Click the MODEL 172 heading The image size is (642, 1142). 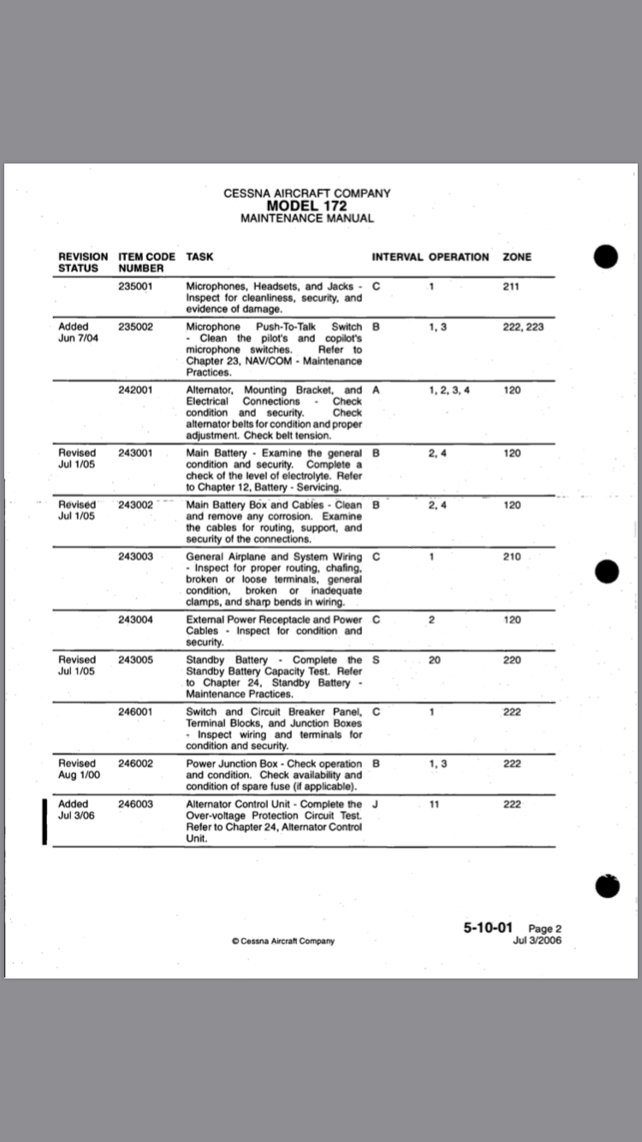coord(306,205)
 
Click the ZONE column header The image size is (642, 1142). coord(517,257)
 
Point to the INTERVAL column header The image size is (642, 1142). coord(397,257)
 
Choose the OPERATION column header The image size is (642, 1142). coord(459,257)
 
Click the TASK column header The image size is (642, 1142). coord(199,257)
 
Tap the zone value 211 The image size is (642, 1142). coord(511,287)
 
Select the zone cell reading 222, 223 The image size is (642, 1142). coord(523,327)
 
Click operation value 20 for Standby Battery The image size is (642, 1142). coord(435,660)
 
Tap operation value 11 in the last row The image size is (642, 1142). coord(434,805)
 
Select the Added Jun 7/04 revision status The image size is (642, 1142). coord(76,333)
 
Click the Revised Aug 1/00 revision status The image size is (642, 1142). coord(77,769)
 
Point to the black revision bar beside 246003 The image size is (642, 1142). coord(43,822)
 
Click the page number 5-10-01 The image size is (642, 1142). coord(488,928)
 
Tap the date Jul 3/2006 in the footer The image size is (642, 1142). coord(537,941)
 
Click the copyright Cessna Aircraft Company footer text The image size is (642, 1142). coord(283,941)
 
